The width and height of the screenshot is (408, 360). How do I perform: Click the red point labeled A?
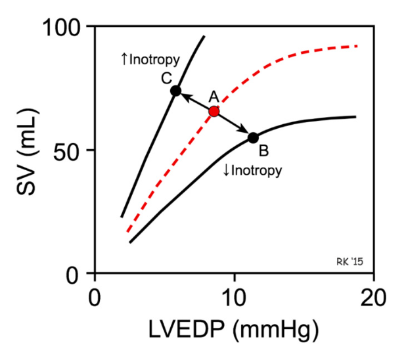(214, 112)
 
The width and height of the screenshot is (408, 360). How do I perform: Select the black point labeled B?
(253, 137)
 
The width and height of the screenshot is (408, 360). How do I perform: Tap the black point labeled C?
(175, 91)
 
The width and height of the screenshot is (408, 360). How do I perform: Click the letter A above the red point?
(214, 97)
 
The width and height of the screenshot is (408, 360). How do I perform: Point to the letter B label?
(263, 152)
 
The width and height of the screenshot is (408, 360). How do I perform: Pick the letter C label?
(166, 78)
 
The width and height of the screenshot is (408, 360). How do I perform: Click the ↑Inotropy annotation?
(150, 60)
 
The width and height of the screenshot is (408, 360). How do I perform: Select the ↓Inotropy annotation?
(252, 171)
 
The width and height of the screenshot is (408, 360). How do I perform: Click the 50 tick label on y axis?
(73, 150)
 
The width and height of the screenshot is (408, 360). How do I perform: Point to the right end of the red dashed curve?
(356, 46)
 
